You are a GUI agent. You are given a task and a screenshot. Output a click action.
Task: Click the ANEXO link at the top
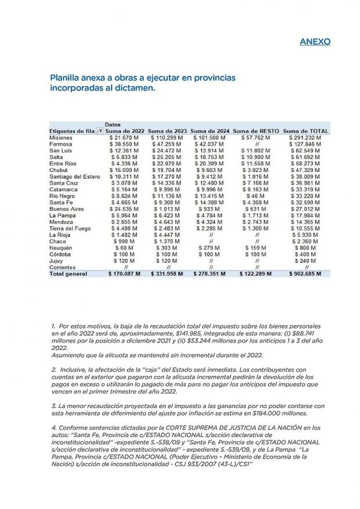click(315, 42)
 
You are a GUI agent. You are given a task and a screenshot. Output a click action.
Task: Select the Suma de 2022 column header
click(125, 131)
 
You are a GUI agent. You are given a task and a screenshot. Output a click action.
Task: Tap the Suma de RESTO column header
click(256, 131)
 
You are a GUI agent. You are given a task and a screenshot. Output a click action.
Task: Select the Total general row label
click(69, 274)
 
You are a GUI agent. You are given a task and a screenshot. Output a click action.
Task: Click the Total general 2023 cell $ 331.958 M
click(168, 274)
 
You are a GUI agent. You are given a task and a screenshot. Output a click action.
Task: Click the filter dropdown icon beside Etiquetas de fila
click(99, 131)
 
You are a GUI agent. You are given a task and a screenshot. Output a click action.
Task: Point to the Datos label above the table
click(113, 125)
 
